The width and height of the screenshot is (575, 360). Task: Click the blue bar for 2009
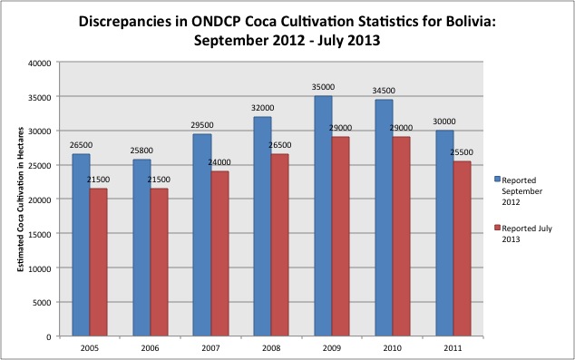pyautogui.click(x=323, y=216)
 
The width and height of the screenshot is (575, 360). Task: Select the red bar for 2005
pyautogui.click(x=98, y=262)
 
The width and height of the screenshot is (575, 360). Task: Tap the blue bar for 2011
pyautogui.click(x=444, y=233)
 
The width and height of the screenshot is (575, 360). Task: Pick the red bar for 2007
pyautogui.click(x=219, y=254)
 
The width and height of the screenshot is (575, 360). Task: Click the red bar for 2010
pyautogui.click(x=402, y=237)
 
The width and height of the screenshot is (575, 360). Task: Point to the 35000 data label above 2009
pyautogui.click(x=323, y=87)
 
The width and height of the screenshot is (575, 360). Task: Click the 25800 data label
pyautogui.click(x=141, y=151)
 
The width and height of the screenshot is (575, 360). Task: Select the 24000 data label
pyautogui.click(x=219, y=162)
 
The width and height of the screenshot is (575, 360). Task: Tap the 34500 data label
pyautogui.click(x=384, y=91)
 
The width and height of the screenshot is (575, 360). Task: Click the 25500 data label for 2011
pyautogui.click(x=462, y=152)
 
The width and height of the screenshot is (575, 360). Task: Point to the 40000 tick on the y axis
pyautogui.click(x=40, y=63)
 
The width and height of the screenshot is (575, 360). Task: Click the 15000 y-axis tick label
pyautogui.click(x=40, y=234)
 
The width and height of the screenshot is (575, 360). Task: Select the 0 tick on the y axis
pyautogui.click(x=49, y=337)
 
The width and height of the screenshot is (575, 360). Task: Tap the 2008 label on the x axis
pyautogui.click(x=271, y=348)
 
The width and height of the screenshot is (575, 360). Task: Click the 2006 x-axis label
pyautogui.click(x=150, y=348)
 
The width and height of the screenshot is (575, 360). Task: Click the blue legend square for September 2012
pyautogui.click(x=497, y=179)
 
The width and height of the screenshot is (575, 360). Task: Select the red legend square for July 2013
pyautogui.click(x=497, y=228)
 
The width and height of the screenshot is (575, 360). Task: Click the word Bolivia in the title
pyautogui.click(x=470, y=22)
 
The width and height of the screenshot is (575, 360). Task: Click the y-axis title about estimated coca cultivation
pyautogui.click(x=21, y=199)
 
